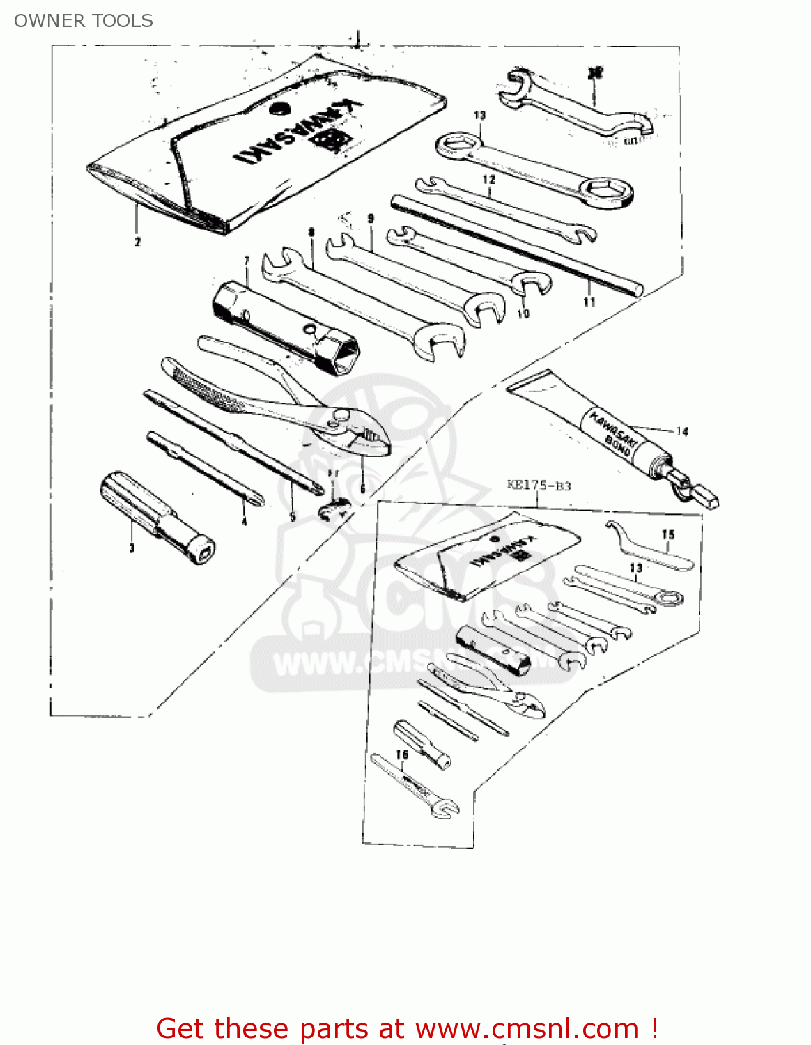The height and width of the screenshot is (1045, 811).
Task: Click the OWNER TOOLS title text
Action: (x=84, y=21)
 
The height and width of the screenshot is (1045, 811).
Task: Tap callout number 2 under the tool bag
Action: (x=137, y=242)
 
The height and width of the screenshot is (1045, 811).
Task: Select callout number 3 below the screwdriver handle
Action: (x=131, y=548)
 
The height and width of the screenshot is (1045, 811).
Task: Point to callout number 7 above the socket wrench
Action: (x=247, y=261)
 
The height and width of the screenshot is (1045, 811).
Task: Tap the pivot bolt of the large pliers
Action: (x=341, y=417)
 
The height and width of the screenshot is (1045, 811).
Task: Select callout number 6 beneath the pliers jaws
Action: (x=362, y=489)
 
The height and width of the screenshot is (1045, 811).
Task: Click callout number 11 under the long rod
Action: (x=589, y=302)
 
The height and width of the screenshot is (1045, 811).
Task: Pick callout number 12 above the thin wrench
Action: (x=489, y=179)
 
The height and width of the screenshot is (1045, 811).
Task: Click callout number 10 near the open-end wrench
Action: (x=523, y=313)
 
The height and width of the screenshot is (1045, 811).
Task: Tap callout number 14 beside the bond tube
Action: (x=682, y=432)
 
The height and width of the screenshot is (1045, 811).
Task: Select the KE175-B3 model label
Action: (x=539, y=485)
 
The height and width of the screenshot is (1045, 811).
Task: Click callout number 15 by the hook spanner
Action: (x=668, y=535)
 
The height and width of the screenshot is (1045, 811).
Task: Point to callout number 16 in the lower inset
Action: (x=402, y=754)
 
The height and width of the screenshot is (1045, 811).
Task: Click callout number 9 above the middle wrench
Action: (x=371, y=219)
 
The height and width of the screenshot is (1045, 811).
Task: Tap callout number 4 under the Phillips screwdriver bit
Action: (x=244, y=520)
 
